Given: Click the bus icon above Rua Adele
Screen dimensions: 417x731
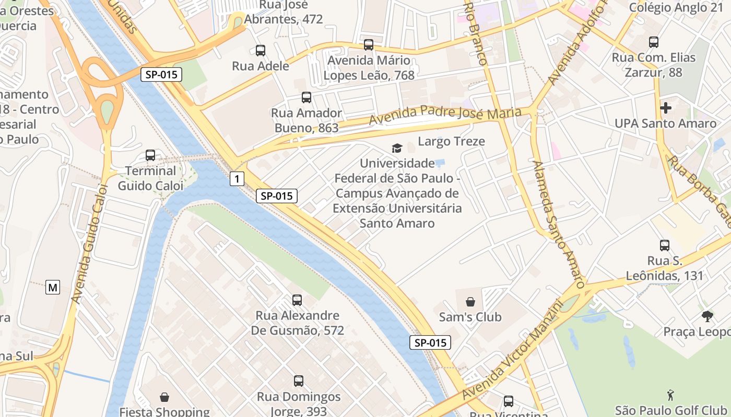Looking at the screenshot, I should click(x=261, y=51).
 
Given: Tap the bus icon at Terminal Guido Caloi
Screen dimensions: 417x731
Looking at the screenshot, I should click(x=150, y=155).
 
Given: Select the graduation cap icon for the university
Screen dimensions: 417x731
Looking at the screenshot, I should click(x=397, y=149).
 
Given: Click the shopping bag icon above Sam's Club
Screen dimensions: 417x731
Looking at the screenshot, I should click(x=470, y=301).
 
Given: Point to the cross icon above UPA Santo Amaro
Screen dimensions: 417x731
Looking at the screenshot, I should click(x=666, y=108).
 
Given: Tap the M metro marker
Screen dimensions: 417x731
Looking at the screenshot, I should click(x=53, y=287).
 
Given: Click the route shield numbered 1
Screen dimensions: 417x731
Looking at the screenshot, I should click(x=237, y=179).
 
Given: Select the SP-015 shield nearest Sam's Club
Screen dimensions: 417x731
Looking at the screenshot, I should click(x=430, y=342).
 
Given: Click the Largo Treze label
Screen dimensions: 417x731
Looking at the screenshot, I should click(x=451, y=141).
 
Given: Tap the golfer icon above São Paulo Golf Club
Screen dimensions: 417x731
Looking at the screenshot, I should click(x=671, y=395).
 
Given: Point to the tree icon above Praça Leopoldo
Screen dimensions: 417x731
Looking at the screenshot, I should click(x=708, y=316).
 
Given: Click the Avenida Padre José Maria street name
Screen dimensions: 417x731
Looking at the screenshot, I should click(x=445, y=116).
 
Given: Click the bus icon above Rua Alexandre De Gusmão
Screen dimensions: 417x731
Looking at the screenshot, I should click(x=297, y=300).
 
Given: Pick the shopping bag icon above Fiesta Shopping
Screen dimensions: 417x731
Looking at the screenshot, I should click(x=164, y=397).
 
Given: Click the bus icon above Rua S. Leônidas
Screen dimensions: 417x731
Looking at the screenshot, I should click(x=665, y=245).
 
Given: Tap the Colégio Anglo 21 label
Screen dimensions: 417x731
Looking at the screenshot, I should click(x=676, y=7).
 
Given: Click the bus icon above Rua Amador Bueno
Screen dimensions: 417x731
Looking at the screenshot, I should click(x=306, y=97).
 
